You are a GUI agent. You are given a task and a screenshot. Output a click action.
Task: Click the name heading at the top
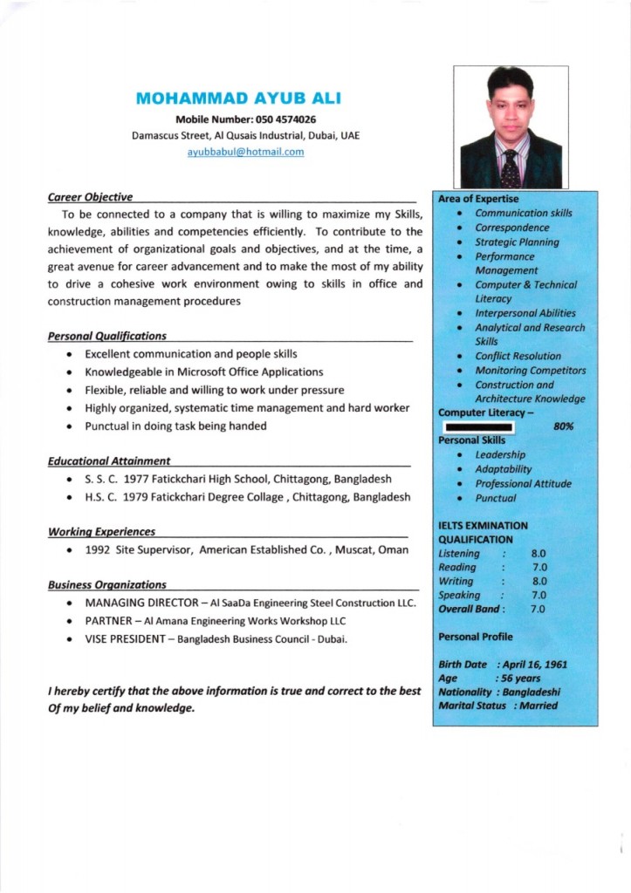pos(238,98)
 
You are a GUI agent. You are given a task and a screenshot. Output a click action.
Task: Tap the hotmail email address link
pos(245,152)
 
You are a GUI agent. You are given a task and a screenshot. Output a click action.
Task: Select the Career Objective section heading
pos(90,197)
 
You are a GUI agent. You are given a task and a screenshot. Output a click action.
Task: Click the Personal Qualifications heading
pos(106,336)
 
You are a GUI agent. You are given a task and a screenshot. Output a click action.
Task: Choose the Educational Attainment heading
pos(109,460)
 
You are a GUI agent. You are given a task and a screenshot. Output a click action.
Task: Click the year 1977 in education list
pos(131,480)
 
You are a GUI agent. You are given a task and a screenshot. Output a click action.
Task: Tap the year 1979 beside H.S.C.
pos(134,498)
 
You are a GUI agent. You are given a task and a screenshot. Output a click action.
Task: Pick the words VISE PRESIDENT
pos(125,639)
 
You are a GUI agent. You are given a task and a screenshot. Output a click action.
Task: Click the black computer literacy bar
pos(477,427)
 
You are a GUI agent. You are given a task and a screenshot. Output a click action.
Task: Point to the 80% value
pos(563,426)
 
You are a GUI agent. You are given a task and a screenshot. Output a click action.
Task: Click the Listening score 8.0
pos(538,554)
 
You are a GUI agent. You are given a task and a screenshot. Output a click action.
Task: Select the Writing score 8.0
pos(538,581)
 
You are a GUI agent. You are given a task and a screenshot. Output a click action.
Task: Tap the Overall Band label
pos(470,609)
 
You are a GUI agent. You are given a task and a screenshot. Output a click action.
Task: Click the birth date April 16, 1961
pos(533,665)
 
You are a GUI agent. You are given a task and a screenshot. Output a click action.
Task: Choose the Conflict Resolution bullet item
pos(518,356)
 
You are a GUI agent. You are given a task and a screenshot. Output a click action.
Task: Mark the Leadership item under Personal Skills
pos(500,454)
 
